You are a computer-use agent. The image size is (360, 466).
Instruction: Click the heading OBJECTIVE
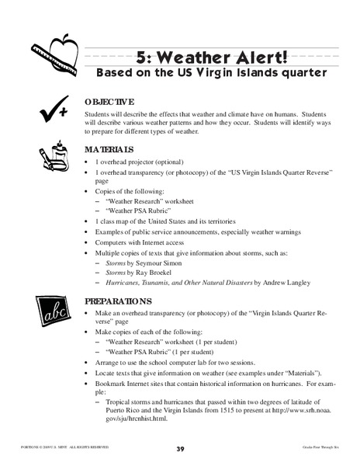click(x=110, y=101)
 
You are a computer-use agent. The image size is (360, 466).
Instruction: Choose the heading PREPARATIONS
click(x=118, y=299)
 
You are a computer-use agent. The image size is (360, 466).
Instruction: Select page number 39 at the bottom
click(x=180, y=450)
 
